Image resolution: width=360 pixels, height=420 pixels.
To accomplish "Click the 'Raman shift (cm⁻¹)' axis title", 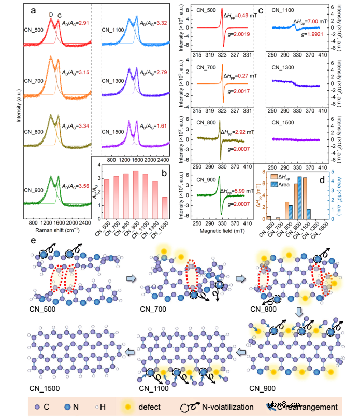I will coord(57,228).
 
